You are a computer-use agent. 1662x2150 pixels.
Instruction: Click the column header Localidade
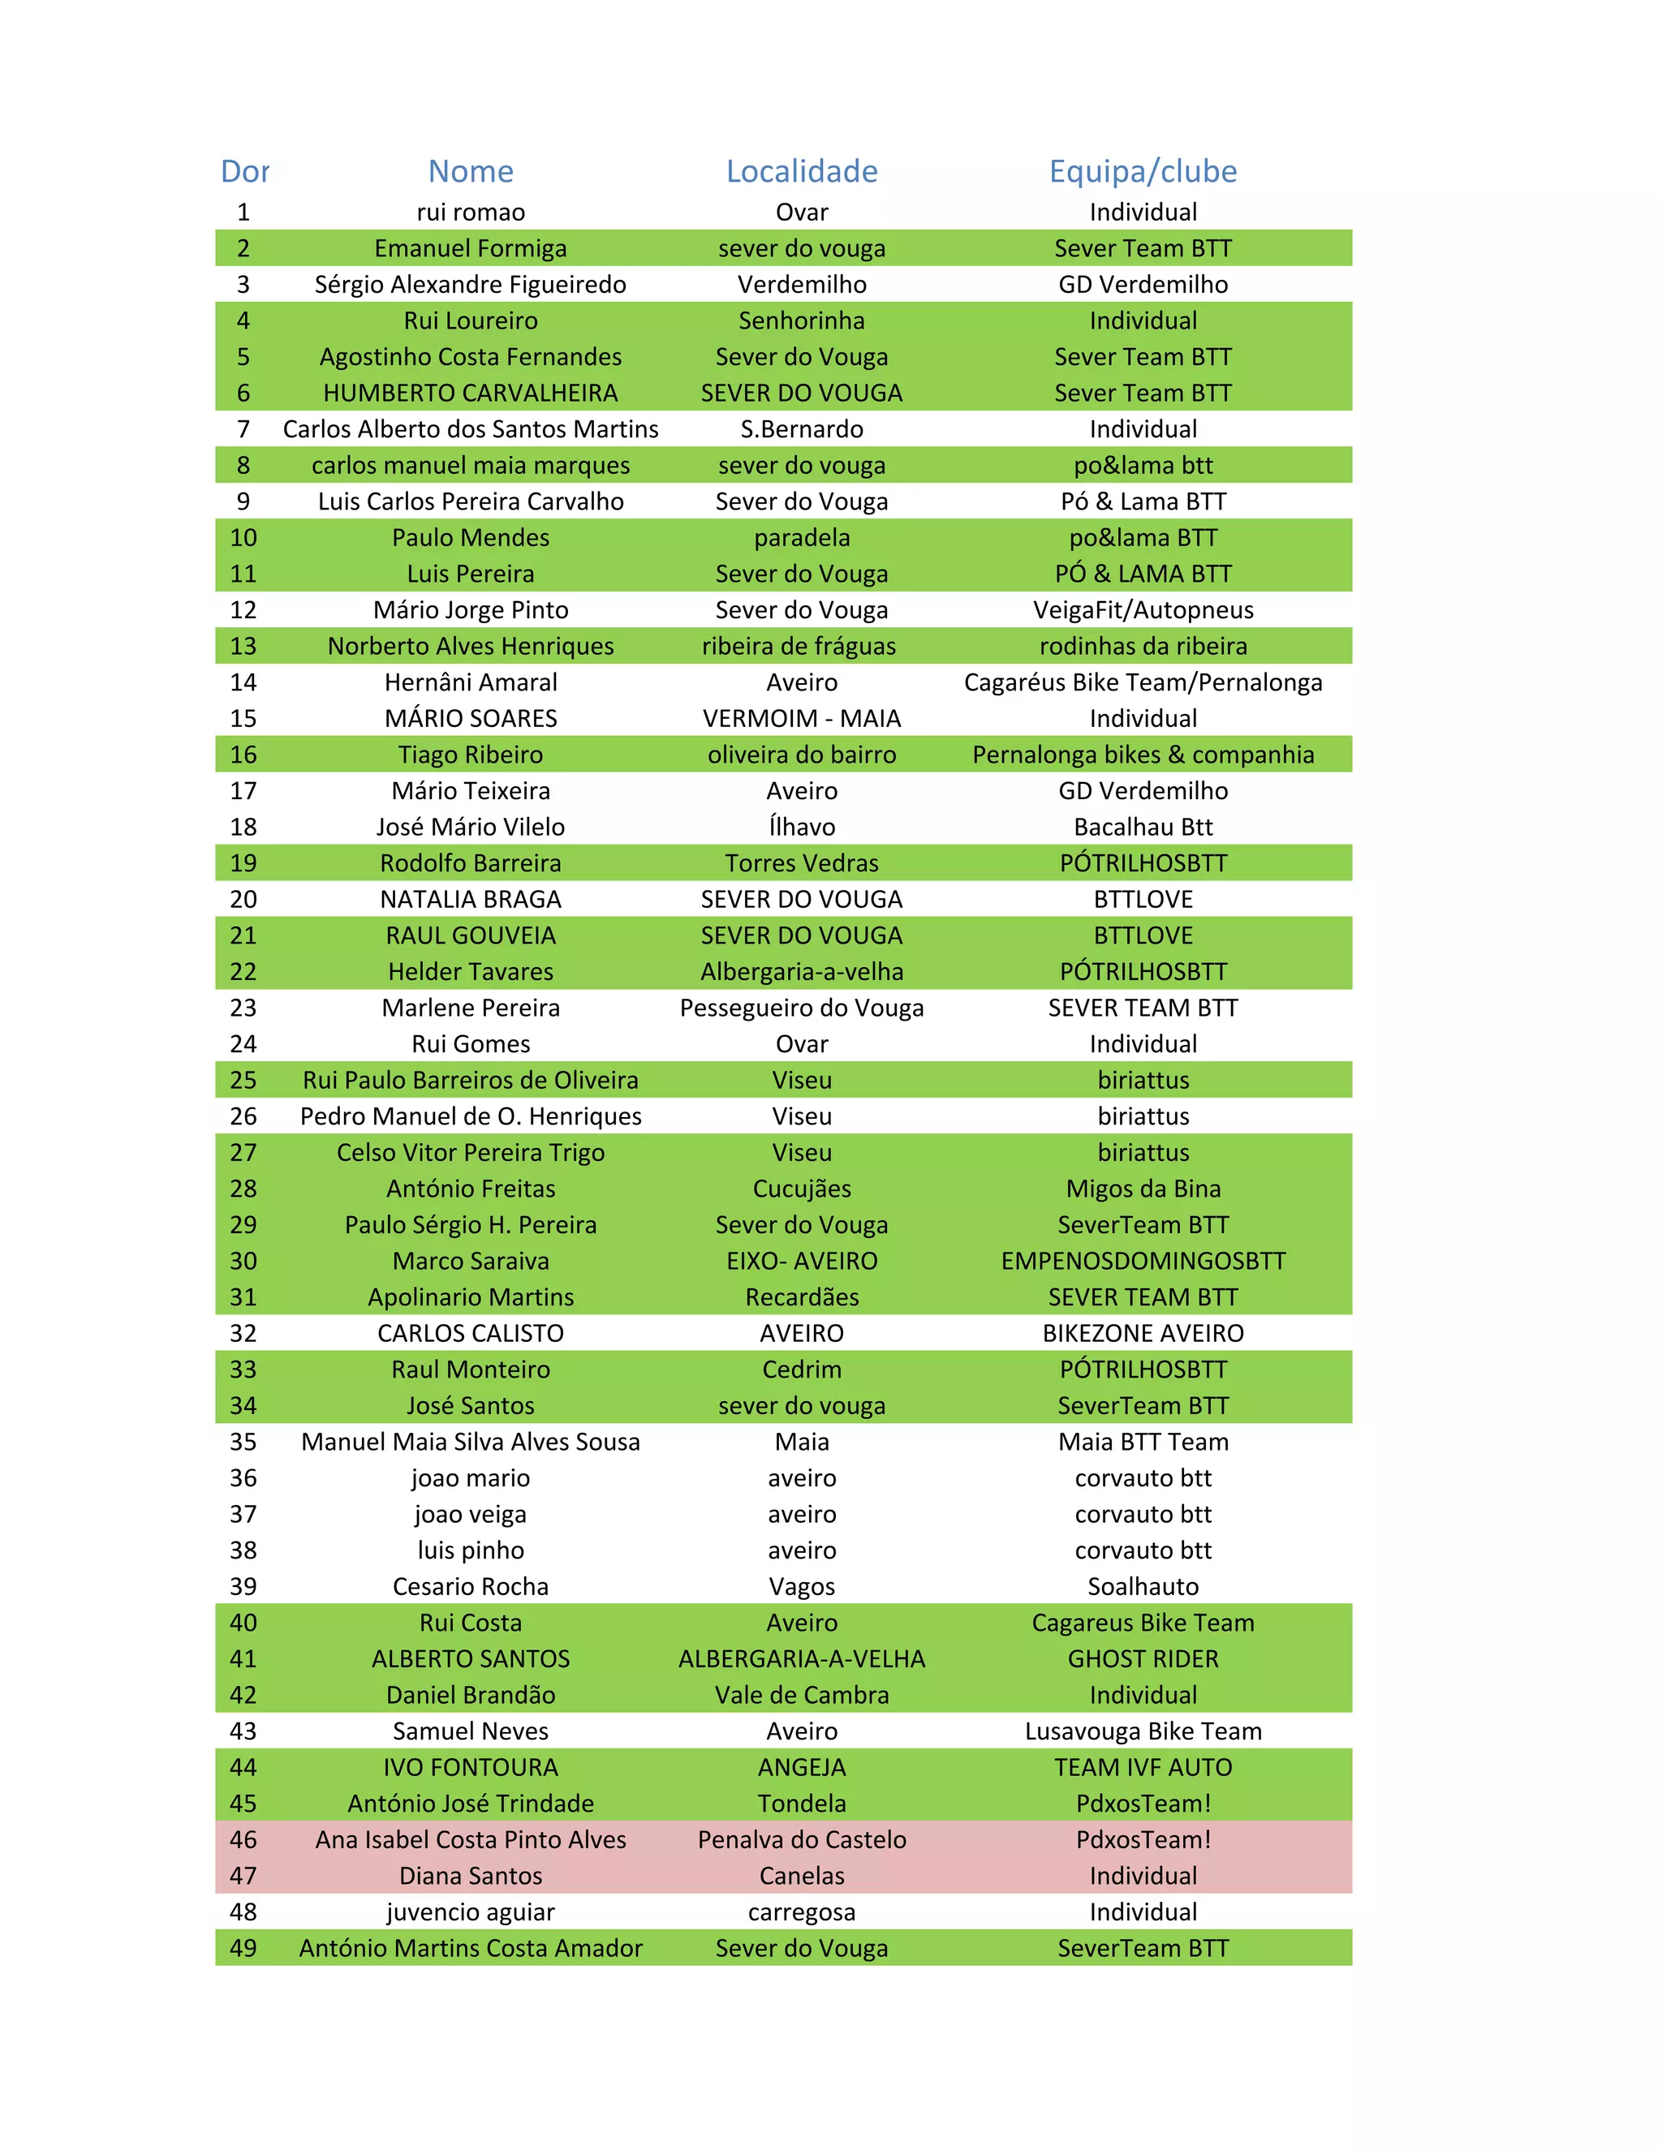(802, 171)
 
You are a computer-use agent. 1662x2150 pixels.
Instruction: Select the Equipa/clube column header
(1142, 171)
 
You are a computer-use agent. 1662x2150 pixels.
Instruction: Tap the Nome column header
(471, 171)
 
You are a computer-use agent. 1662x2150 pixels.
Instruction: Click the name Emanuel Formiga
(471, 248)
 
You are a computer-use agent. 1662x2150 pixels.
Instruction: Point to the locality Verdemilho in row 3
(802, 285)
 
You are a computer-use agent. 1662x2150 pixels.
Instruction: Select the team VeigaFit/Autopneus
(1142, 610)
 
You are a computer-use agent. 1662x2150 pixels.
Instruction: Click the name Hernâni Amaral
(471, 682)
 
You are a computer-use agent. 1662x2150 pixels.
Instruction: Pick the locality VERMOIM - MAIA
(802, 719)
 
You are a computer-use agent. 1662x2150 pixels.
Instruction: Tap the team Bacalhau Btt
(1142, 827)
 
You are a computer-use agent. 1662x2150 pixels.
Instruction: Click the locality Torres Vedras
(802, 863)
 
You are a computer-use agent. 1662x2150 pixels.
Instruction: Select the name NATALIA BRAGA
(471, 900)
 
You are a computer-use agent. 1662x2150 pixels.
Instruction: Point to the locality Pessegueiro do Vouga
(802, 1008)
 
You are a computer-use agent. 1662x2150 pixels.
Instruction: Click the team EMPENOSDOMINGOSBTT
(1142, 1261)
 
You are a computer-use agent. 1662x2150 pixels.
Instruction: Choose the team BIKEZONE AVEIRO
(1142, 1334)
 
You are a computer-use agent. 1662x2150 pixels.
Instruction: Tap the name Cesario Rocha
(471, 1587)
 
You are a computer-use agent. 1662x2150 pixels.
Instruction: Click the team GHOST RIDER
(1142, 1659)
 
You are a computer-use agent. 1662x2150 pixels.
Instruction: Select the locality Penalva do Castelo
(802, 1840)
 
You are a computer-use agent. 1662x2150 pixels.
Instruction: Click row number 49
(243, 1948)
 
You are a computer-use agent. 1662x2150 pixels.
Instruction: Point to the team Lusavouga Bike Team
(1142, 1731)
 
